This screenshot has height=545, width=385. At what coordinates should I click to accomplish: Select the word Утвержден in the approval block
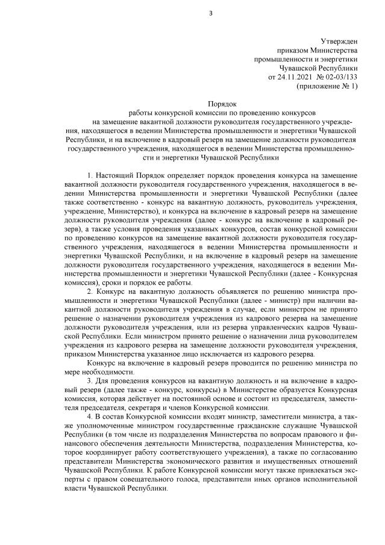[340, 41]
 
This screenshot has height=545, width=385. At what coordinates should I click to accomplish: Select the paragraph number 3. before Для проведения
[90, 382]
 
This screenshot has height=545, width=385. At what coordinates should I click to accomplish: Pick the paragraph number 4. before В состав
[90, 417]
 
